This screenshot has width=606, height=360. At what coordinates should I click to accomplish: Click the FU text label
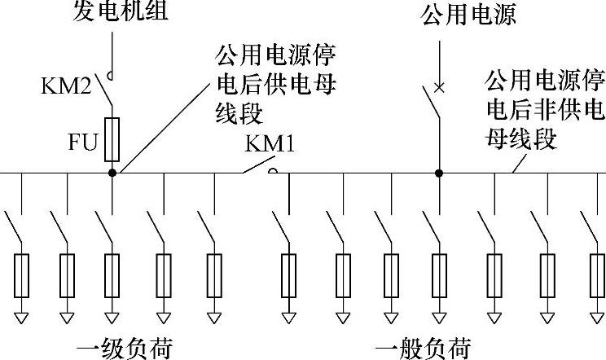[82, 145]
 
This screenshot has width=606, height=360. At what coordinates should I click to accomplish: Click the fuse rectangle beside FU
[112, 138]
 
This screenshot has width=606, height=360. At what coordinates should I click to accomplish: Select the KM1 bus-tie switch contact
[258, 170]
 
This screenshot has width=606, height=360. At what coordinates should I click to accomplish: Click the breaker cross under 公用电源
[439, 86]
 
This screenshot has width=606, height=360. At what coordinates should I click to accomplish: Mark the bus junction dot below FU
[112, 173]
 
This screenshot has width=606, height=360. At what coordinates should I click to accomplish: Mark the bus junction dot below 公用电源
[439, 173]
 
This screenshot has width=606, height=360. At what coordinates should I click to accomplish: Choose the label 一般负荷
[424, 348]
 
